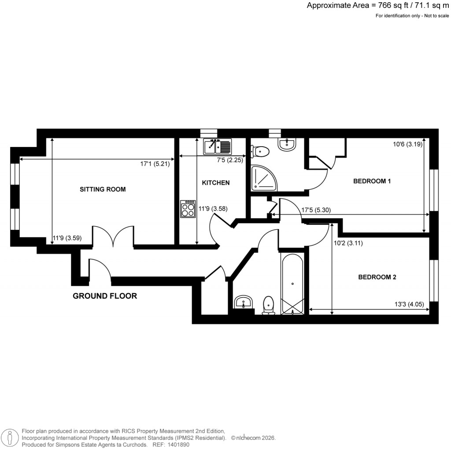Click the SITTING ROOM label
(103, 189)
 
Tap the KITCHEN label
(215, 183)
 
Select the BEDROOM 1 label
(372, 181)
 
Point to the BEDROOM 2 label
(377, 277)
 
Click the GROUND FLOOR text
(105, 296)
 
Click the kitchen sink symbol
(218, 146)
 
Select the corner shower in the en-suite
(264, 177)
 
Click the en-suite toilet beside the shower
(260, 151)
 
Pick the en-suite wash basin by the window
(288, 144)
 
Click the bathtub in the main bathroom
(292, 284)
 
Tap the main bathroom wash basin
(243, 302)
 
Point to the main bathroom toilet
(269, 305)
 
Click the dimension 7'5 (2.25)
(229, 160)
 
